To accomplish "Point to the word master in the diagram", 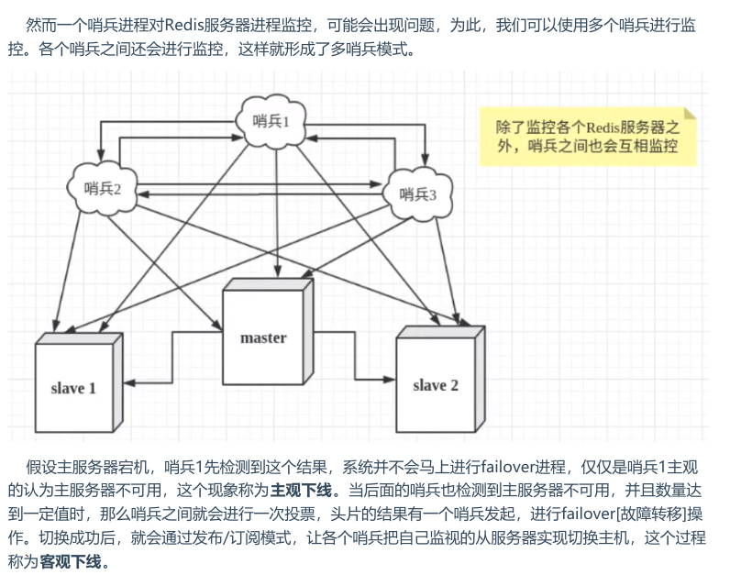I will pyautogui.click(x=263, y=337).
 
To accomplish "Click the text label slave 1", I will pyautogui.click(x=73, y=388).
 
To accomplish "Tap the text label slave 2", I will pyautogui.click(x=435, y=385).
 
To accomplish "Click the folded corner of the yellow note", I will pyautogui.click(x=688, y=114).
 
